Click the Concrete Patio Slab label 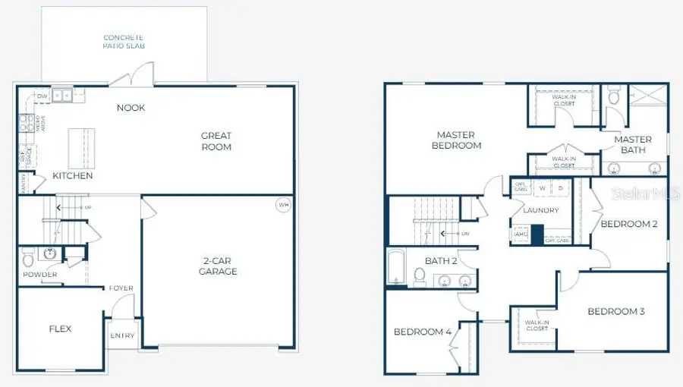pos(124,42)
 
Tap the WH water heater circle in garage pos(283,205)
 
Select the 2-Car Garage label pos(218,266)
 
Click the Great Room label pos(216,141)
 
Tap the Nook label pos(131,108)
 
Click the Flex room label pos(60,329)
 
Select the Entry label pos(122,335)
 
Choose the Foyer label pos(121,288)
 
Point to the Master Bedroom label pos(456,140)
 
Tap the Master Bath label pos(632,144)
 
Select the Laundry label pos(540,210)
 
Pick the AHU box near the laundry pos(521,234)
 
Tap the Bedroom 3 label pos(615,311)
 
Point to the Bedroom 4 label pos(423,332)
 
